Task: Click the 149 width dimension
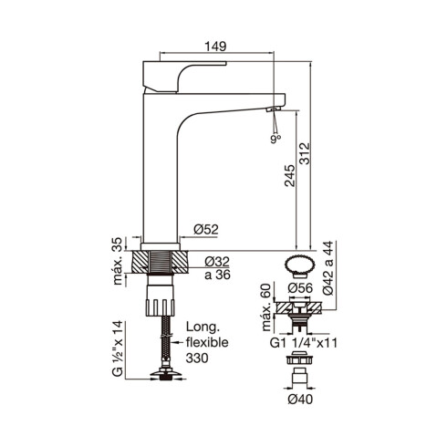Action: click(x=214, y=43)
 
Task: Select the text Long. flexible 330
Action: click(x=210, y=343)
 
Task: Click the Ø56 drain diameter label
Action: click(x=300, y=289)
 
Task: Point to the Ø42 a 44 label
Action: click(x=330, y=272)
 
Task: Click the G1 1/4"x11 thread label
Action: click(x=300, y=345)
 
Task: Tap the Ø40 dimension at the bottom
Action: click(x=300, y=398)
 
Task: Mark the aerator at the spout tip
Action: click(x=272, y=109)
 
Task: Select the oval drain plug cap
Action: click(x=300, y=265)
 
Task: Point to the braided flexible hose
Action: click(x=164, y=342)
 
